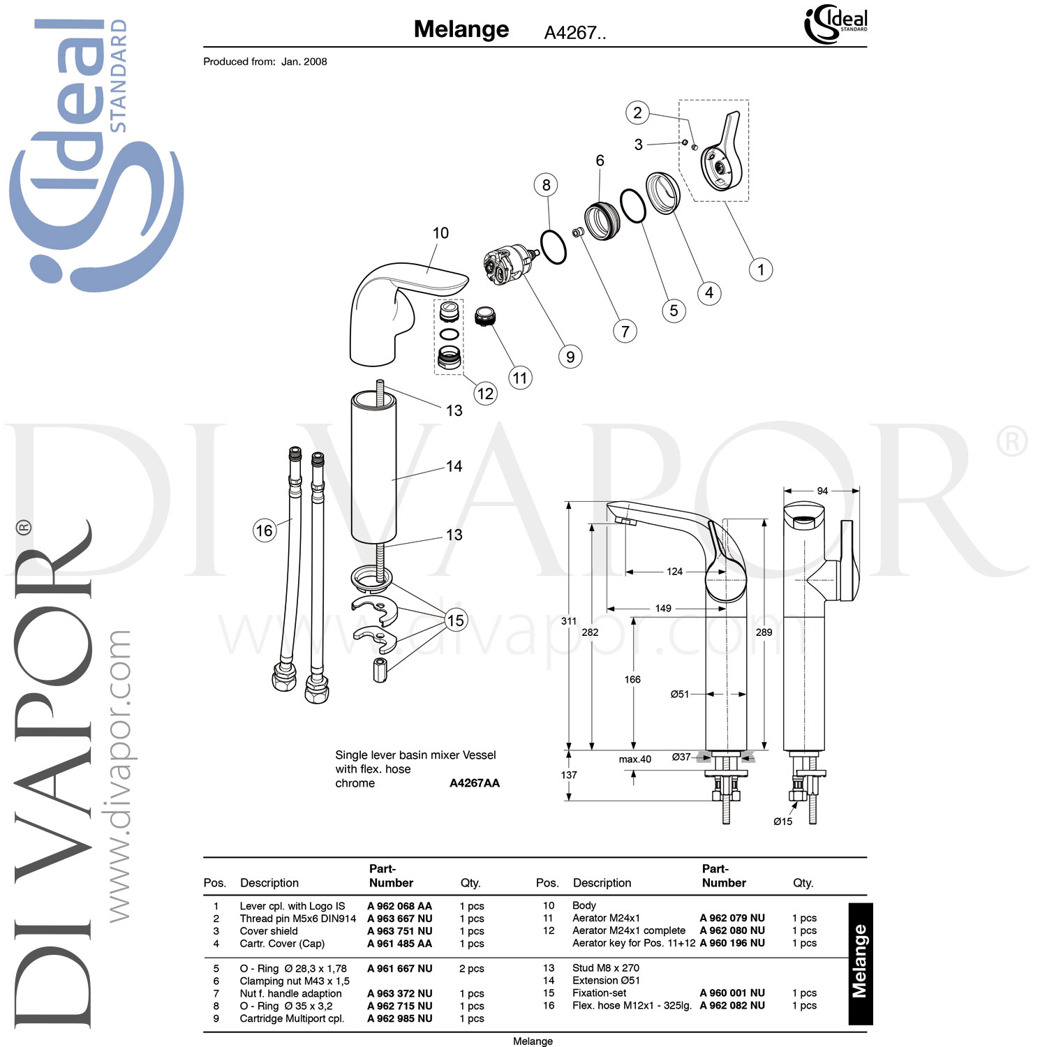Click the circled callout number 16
pyautogui.click(x=264, y=530)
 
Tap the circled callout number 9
pyautogui.click(x=570, y=357)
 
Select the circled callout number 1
pyautogui.click(x=760, y=269)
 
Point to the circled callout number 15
pyautogui.click(x=455, y=620)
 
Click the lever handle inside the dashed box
pyautogui.click(x=721, y=154)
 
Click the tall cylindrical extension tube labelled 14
pyautogui.click(x=373, y=468)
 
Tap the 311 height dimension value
pyautogui.click(x=569, y=621)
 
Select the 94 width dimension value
pyautogui.click(x=822, y=491)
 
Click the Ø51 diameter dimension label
pyautogui.click(x=679, y=694)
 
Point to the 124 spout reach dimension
pyautogui.click(x=674, y=571)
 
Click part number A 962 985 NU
pyautogui.click(x=399, y=1018)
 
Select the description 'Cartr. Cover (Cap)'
pyautogui.click(x=282, y=944)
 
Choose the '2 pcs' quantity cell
pyautogui.click(x=472, y=969)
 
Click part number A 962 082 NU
pyautogui.click(x=732, y=1005)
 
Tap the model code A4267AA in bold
pyautogui.click(x=475, y=783)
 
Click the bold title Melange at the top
pyautogui.click(x=461, y=29)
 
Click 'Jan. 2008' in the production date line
pyautogui.click(x=304, y=61)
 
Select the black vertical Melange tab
pyautogui.click(x=860, y=963)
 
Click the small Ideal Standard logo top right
pyautogui.click(x=836, y=24)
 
